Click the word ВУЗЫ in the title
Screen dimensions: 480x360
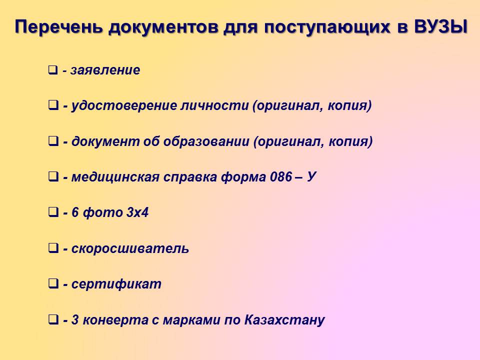pos(441,26)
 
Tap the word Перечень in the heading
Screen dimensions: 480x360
pos(58,27)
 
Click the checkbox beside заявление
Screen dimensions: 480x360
pos(53,70)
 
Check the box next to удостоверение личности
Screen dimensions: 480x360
pos(53,105)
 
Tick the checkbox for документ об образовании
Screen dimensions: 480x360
pos(53,141)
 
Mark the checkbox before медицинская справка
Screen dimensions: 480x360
pos(53,177)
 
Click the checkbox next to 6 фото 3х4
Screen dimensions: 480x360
pos(53,212)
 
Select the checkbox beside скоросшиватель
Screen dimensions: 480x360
pos(53,248)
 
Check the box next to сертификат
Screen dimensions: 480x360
pos(53,284)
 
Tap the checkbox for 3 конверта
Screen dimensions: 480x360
pos(53,320)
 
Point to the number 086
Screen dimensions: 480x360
pos(281,177)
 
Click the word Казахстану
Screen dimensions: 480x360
pos(284,320)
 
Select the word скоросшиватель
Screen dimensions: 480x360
pos(130,248)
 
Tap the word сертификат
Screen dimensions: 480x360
pos(116,284)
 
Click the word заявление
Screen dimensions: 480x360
pos(105,70)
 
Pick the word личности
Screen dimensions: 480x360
pos(214,105)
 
